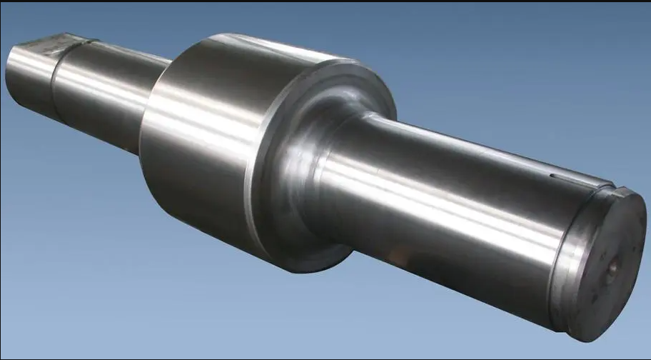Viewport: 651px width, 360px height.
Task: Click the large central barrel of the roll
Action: click(207, 136)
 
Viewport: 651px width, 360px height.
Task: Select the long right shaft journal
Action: click(443, 207)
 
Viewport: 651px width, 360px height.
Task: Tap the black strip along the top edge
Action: click(325, 1)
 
